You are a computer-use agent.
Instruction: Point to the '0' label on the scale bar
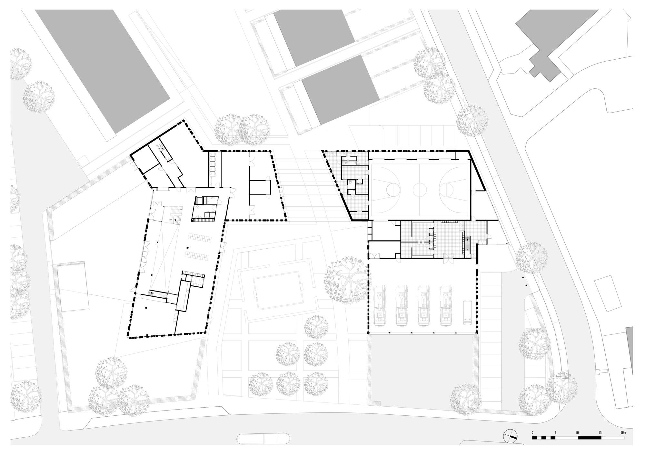[533, 432]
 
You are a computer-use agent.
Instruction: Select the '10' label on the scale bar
[577, 432]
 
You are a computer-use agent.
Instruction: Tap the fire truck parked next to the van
[446, 304]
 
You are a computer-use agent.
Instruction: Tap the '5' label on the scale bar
[555, 432]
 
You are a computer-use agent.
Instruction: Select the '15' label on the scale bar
[600, 432]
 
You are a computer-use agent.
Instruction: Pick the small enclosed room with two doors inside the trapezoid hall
[260, 187]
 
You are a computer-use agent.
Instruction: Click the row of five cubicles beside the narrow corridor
[212, 164]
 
